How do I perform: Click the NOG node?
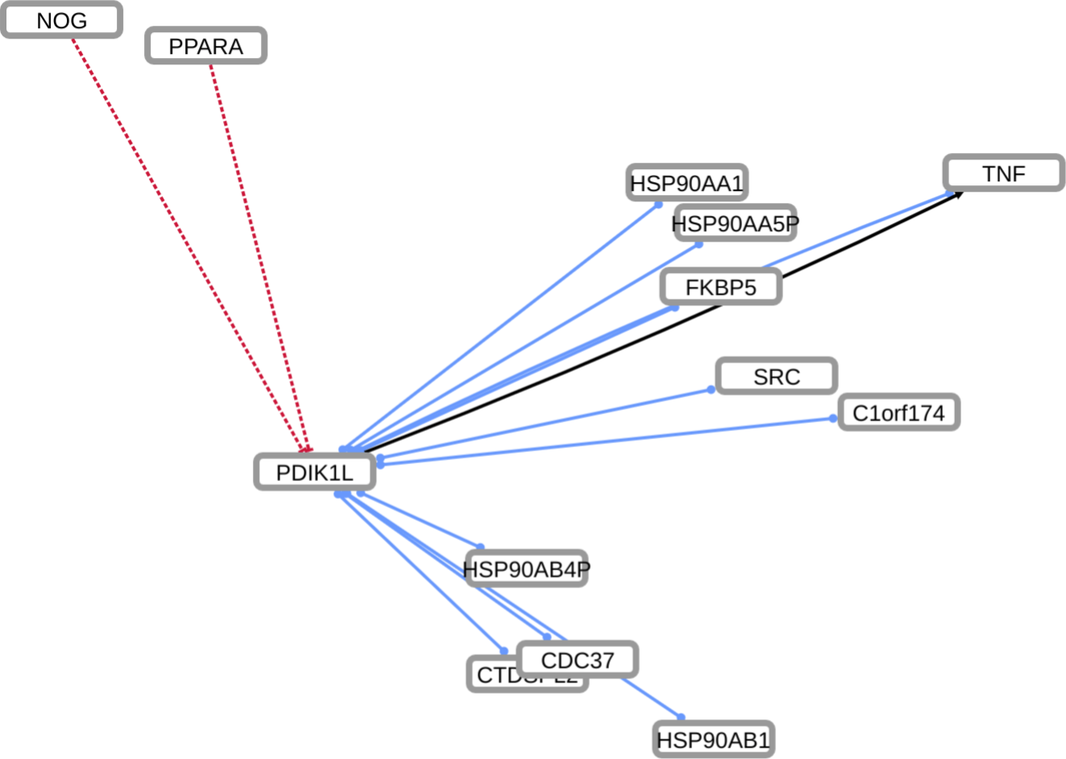coord(61,20)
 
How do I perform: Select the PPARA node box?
coord(205,47)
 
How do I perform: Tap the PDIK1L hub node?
coord(315,472)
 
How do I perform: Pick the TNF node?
coord(1004,173)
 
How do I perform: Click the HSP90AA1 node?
coord(686,184)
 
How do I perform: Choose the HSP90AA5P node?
coord(734,223)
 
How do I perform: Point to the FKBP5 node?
coord(720,288)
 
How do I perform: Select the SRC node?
coord(777,376)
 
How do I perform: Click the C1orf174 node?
coord(898,413)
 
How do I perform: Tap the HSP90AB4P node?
coord(526,570)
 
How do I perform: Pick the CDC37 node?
coord(577,660)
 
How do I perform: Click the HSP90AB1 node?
coord(714,740)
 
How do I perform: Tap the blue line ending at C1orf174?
coord(604,441)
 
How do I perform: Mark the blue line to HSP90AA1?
coord(500,326)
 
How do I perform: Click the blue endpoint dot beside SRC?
coord(711,390)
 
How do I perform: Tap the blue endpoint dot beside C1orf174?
coord(832,418)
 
